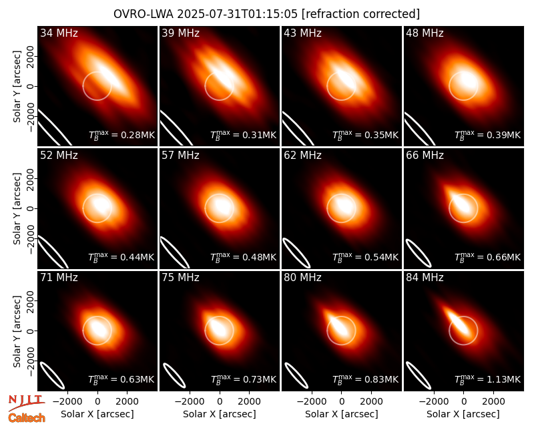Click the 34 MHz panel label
59,33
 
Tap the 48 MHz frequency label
425,33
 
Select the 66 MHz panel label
425,156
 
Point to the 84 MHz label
425,278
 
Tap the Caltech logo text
27,418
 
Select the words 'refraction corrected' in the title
361,14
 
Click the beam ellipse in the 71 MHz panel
52,375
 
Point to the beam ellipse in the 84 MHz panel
419,375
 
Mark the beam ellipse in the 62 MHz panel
296,253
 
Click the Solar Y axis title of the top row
17,87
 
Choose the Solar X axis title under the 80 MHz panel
342,414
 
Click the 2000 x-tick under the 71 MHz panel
127,401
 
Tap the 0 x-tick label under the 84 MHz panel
463,401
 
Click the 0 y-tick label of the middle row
31,208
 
